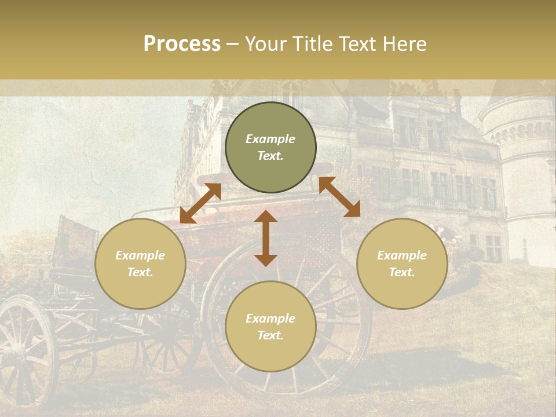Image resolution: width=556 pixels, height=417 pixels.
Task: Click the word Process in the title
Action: [182, 44]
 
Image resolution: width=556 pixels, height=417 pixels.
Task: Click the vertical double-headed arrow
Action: [266, 239]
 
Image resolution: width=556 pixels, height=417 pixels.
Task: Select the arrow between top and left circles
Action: [200, 203]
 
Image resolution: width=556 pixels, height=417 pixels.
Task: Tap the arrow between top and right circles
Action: [339, 197]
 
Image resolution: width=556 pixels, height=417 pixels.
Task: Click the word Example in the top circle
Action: [270, 139]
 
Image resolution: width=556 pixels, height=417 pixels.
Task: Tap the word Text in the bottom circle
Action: [270, 335]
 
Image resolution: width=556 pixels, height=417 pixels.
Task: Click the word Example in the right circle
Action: [402, 255]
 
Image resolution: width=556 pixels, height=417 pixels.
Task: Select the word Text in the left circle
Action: [140, 272]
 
